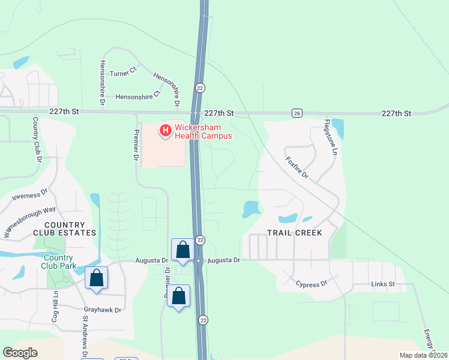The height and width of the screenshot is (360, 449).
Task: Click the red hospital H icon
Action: click(x=164, y=129)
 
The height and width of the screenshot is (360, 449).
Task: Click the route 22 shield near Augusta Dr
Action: click(x=200, y=240)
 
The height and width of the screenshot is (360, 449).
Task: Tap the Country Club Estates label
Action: click(x=69, y=229)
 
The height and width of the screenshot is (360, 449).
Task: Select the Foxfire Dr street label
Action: click(x=297, y=167)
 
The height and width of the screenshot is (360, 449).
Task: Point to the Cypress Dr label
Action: click(x=311, y=283)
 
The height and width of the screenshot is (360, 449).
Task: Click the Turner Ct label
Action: click(x=124, y=73)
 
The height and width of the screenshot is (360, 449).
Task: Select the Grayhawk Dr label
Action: click(x=102, y=310)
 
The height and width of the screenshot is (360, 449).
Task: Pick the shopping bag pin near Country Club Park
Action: click(x=96, y=278)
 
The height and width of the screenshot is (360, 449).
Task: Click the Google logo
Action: click(x=20, y=353)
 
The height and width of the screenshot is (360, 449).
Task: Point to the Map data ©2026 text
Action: click(x=423, y=355)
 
